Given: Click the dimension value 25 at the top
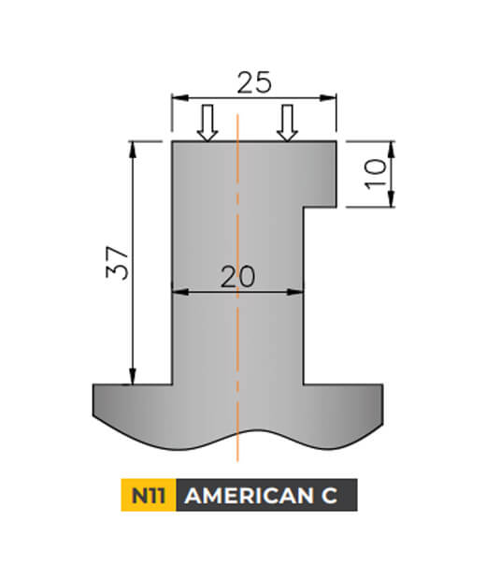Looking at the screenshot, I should tap(253, 82).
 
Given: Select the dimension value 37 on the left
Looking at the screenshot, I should tap(117, 263).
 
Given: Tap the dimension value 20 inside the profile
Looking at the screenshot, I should tap(238, 277).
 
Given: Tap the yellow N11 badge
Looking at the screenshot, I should tap(148, 496).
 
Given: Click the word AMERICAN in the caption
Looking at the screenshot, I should tap(247, 496).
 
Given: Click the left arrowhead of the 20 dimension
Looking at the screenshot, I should tap(178, 292).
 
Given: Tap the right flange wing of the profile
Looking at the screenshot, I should tap(346, 407).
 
